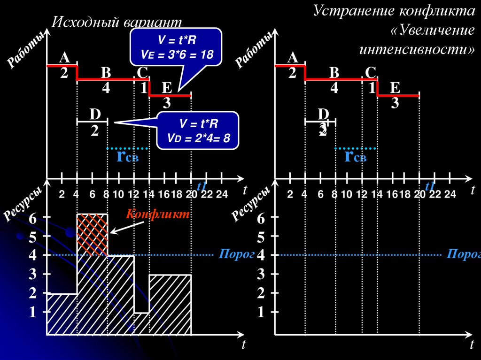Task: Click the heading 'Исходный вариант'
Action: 116,22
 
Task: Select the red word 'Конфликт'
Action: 157,214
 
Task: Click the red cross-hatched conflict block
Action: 92,234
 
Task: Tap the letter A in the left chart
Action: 64,58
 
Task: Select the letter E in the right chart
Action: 395,88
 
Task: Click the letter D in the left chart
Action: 95,115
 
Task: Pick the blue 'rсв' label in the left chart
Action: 127,156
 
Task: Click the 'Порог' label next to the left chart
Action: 230,254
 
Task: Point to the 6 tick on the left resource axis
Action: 32,218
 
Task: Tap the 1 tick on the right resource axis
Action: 261,312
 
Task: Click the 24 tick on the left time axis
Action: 221,195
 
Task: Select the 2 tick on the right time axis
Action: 290,195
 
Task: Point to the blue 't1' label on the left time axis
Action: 202,186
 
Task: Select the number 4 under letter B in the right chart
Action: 334,88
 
